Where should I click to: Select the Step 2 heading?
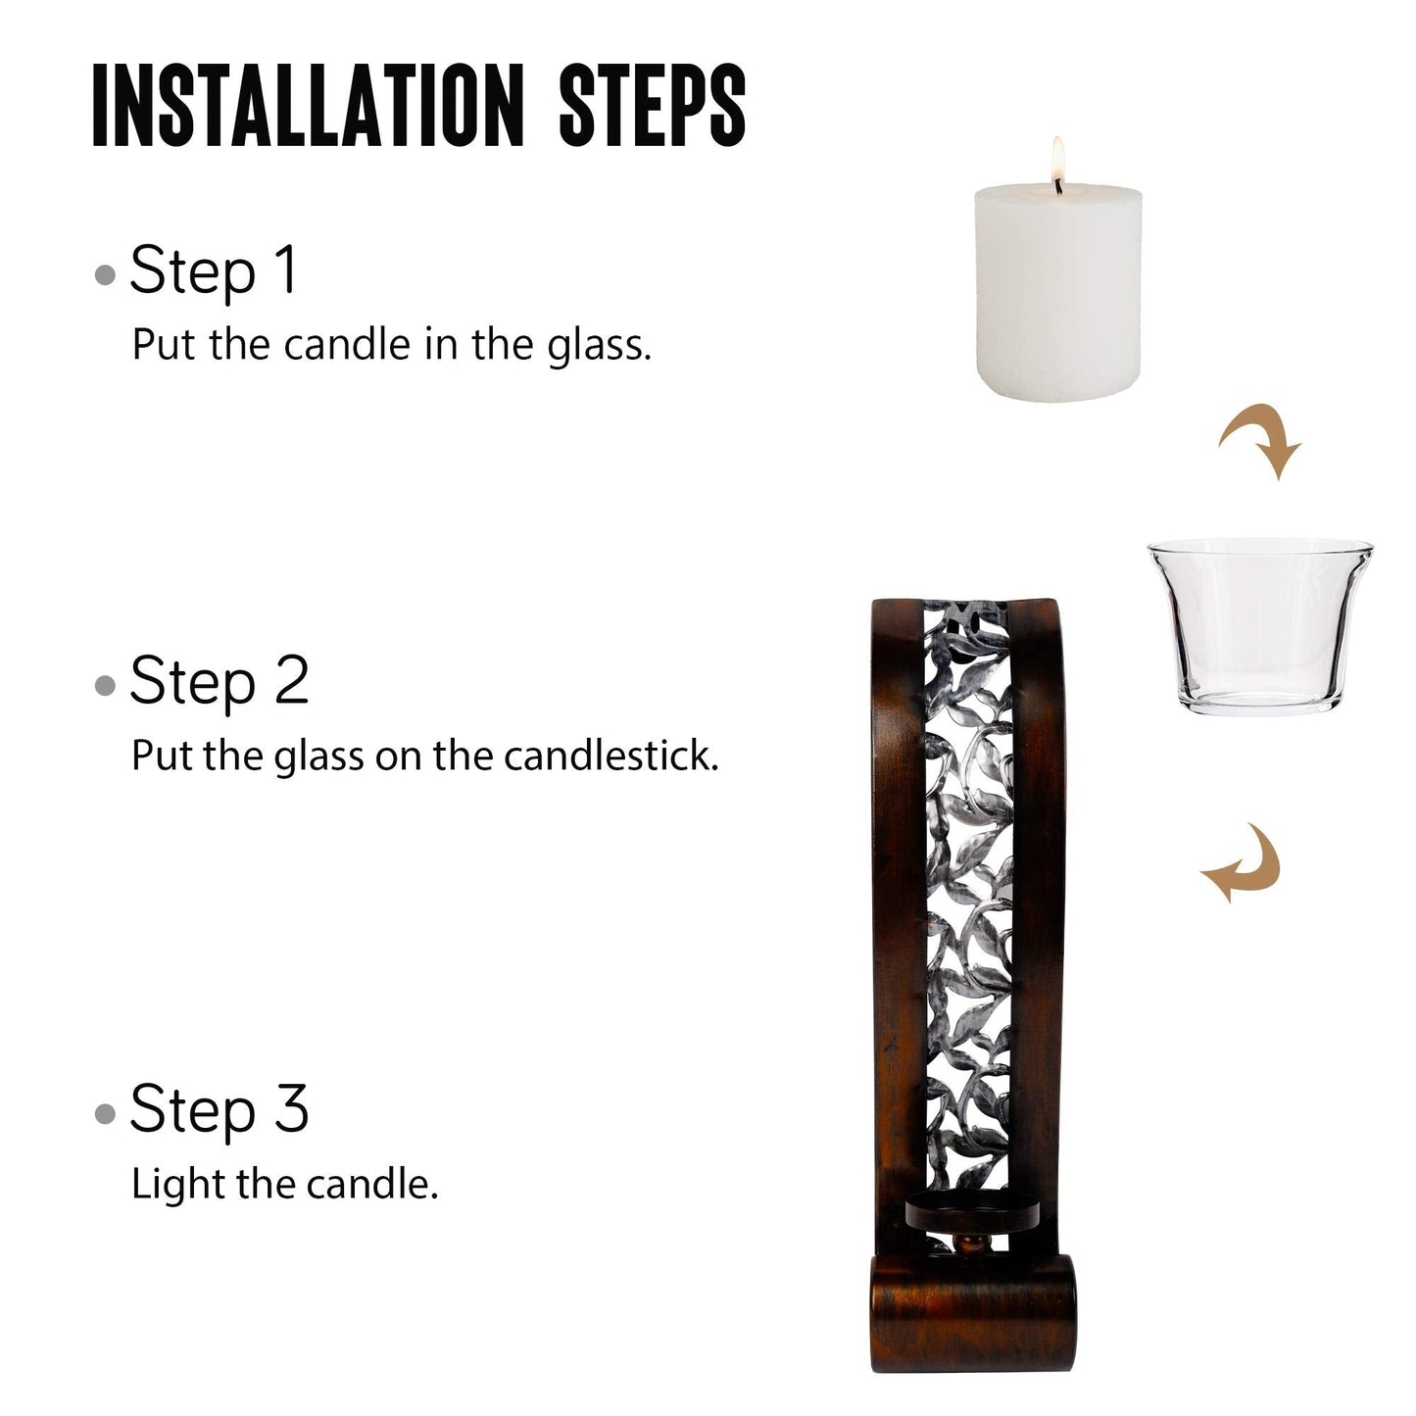click(219, 681)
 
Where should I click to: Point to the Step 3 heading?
click(219, 1108)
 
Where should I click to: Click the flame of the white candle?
click(1057, 157)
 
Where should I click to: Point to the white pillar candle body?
click(1059, 294)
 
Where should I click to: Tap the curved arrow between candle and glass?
click(1261, 439)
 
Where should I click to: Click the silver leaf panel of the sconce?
click(961, 882)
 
